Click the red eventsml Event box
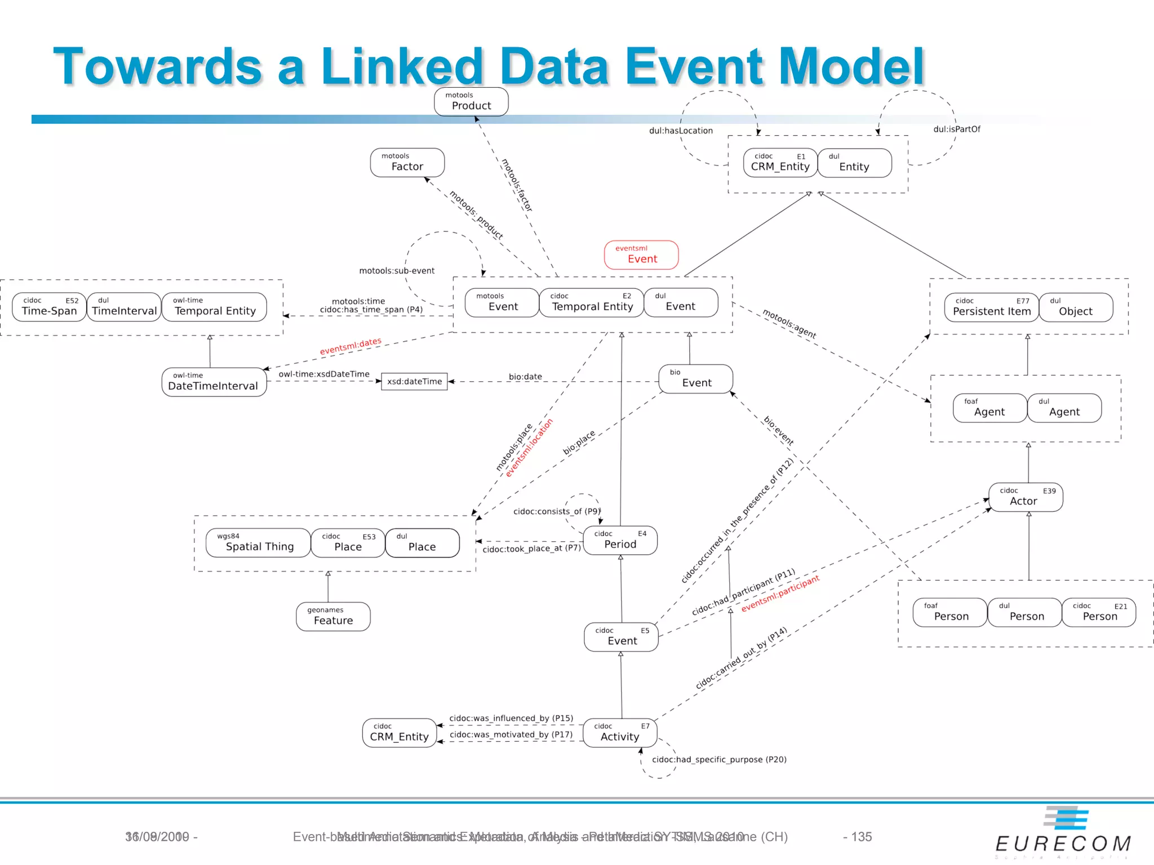(x=641, y=255)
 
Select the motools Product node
(x=471, y=102)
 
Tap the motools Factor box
(x=407, y=163)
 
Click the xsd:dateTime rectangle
(x=414, y=381)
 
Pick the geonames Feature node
(x=333, y=617)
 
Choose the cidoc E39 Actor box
(x=1026, y=497)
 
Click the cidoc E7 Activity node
(x=620, y=733)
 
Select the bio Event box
(x=695, y=379)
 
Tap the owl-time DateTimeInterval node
(x=214, y=382)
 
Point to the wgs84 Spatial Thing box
(x=258, y=543)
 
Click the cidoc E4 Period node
(x=620, y=540)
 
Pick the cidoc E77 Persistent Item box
(x=991, y=307)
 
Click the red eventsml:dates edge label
(x=350, y=346)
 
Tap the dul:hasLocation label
(x=681, y=131)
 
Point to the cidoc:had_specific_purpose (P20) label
(x=719, y=760)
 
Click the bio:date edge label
(x=525, y=377)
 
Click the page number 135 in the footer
(x=861, y=837)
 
